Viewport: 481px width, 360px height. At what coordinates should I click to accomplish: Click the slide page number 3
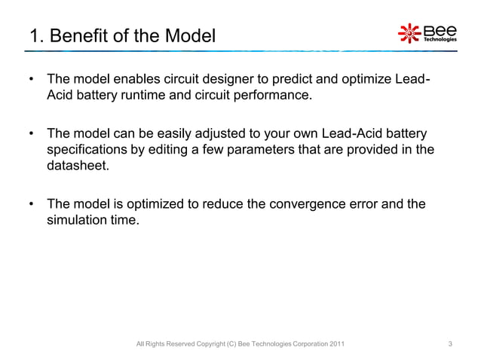[x=450, y=345]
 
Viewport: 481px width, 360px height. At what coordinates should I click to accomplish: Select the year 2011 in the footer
[x=338, y=345]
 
